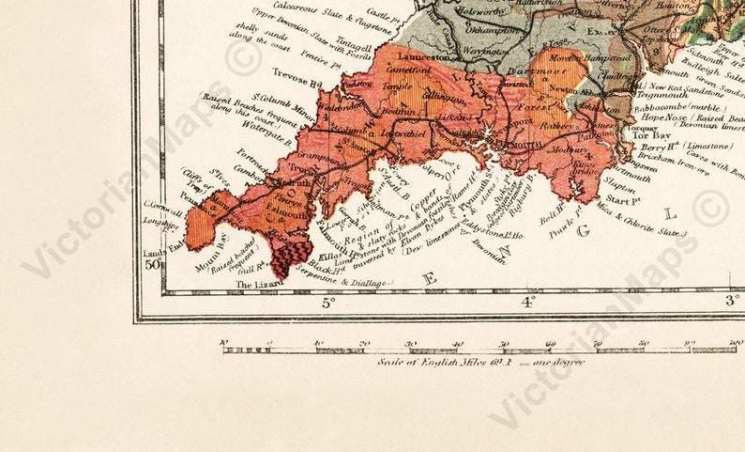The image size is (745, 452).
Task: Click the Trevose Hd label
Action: coord(296,71)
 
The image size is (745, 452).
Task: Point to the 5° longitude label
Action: coord(328,303)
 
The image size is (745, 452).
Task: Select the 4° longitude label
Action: coord(528,303)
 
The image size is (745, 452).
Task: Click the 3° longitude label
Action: coord(730,301)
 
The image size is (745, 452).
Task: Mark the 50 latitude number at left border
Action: coord(153,264)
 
